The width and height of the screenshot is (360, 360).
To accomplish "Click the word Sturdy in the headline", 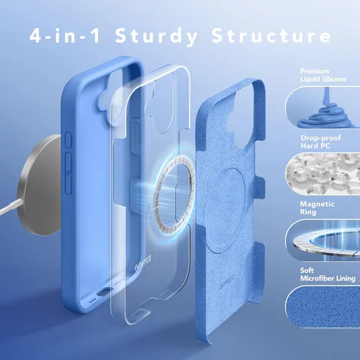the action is [156, 37].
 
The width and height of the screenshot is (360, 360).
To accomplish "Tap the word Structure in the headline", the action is [271, 35].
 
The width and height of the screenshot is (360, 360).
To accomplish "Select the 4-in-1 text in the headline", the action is [65, 35].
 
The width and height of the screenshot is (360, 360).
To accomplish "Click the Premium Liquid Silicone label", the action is [323, 75].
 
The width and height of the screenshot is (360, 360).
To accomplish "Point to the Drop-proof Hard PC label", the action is [320, 142].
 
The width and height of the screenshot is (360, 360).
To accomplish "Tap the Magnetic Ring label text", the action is [317, 208].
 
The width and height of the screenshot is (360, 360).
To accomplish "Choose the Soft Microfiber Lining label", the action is [328, 274].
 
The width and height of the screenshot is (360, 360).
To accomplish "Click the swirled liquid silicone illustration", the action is [325, 110].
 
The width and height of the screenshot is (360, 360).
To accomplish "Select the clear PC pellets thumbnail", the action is [323, 174].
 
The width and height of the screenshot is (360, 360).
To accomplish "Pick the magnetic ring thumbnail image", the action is [323, 240].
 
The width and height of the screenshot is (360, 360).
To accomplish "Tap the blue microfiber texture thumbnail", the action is [323, 306].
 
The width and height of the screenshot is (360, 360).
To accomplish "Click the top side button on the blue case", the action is [68, 140].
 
